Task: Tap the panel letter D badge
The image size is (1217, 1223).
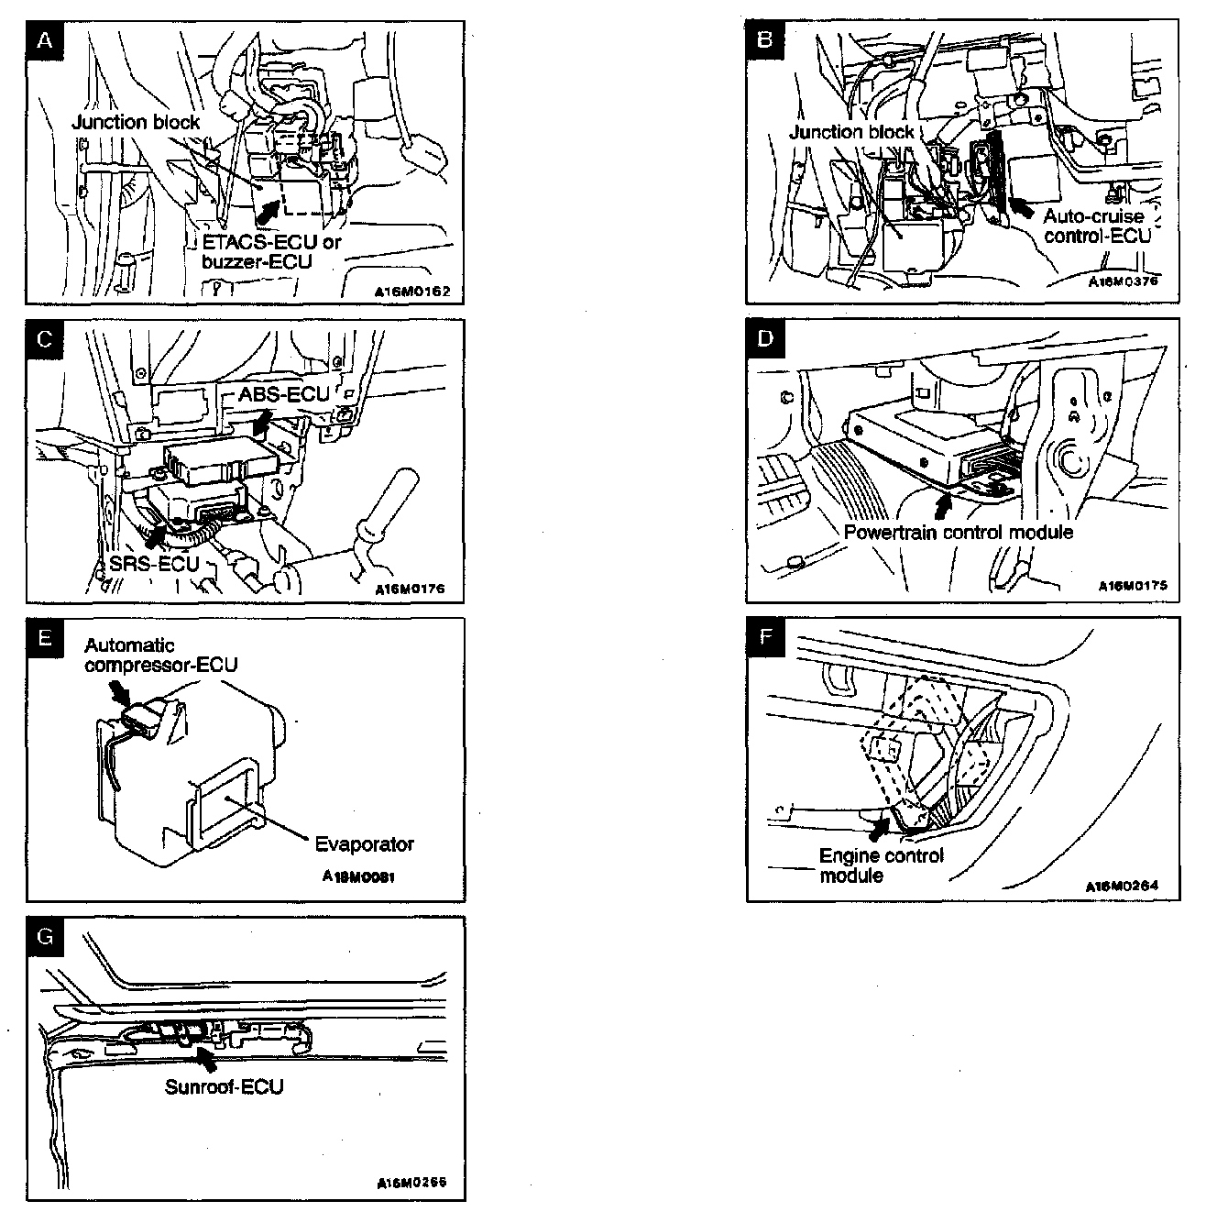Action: [765, 338]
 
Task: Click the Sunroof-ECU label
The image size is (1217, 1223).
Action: [224, 1087]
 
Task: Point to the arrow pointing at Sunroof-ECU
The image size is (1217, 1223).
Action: [207, 1059]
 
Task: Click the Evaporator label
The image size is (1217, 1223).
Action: [364, 844]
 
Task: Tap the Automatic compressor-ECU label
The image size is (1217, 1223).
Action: [160, 656]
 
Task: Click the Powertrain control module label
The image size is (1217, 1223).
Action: [958, 533]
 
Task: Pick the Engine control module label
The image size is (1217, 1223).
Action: [881, 866]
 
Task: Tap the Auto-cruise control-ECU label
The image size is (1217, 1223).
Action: [1096, 226]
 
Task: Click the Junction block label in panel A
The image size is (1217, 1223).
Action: [136, 122]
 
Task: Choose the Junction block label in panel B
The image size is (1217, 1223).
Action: [851, 132]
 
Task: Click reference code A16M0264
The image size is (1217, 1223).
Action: [1122, 887]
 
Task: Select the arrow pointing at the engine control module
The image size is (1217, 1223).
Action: [882, 828]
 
